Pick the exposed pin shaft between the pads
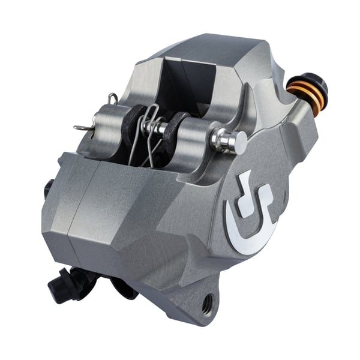[x=157, y=127]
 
